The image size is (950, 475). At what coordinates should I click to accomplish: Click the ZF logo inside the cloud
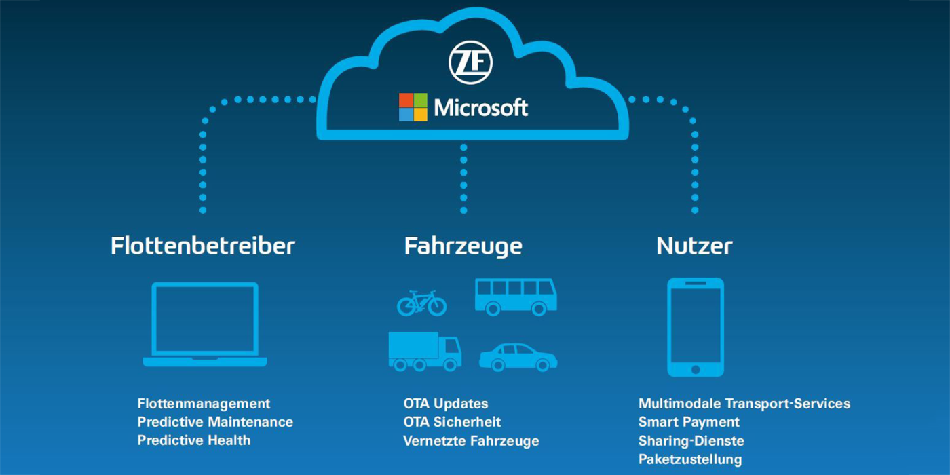470,62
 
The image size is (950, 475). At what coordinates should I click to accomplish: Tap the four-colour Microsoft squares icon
413,107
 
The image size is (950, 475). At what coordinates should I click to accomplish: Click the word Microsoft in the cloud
480,107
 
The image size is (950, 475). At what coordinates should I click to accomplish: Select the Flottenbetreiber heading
203,246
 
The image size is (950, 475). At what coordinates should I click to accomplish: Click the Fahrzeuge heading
463,246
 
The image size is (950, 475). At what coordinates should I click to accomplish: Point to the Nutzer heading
694,246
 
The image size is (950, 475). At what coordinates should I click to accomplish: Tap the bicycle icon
421,303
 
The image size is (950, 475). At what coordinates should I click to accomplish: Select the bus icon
515,297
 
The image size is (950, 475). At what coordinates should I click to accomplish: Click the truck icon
424,351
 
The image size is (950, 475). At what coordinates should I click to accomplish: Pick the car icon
518,357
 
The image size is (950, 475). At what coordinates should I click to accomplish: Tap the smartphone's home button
695,369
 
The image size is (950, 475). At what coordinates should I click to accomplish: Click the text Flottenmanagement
204,404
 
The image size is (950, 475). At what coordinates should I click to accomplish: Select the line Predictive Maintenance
215,422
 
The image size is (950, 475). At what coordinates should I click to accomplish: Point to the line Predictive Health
193,440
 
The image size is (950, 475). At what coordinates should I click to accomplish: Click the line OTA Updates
445,404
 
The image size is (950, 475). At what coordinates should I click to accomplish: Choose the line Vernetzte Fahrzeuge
471,441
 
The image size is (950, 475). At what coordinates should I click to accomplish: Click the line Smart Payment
689,422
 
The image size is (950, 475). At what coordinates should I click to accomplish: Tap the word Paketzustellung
690,459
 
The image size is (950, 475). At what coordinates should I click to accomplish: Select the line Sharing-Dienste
691,441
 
